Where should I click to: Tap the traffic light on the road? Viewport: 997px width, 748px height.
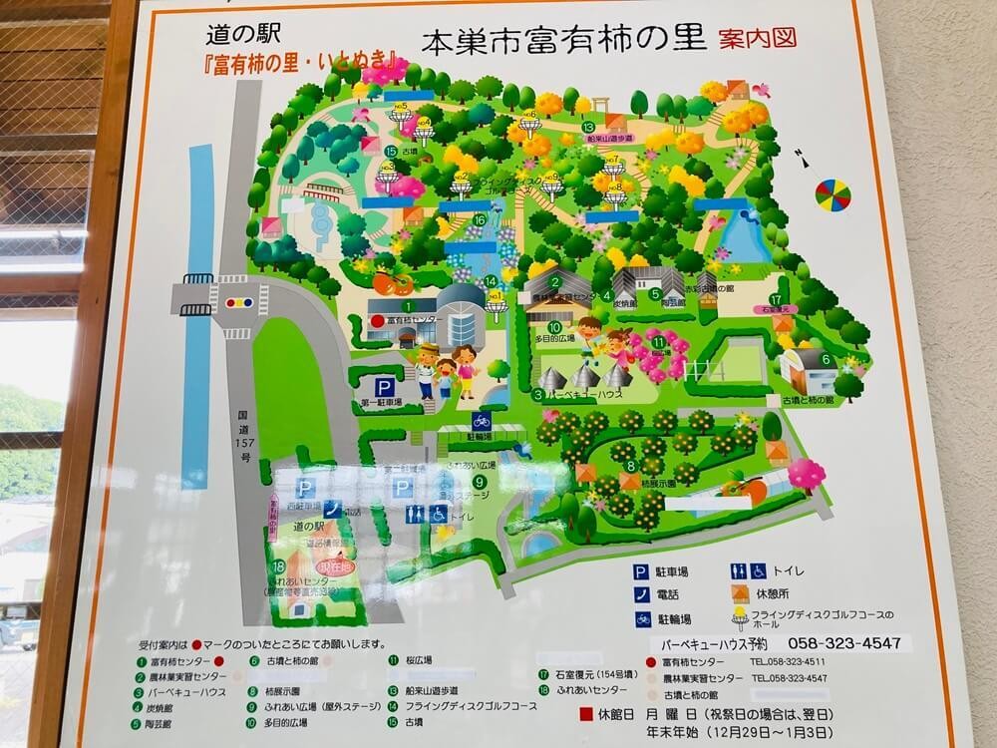[x=239, y=300]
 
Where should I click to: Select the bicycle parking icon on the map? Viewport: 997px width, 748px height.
[x=482, y=421]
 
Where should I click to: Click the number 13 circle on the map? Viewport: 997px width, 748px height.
[x=589, y=127]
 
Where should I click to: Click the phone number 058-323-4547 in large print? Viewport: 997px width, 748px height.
[x=843, y=643]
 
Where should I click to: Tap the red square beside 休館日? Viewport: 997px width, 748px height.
[x=585, y=714]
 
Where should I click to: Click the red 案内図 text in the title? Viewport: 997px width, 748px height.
[x=758, y=39]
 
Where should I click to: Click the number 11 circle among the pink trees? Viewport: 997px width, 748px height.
[x=659, y=343]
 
